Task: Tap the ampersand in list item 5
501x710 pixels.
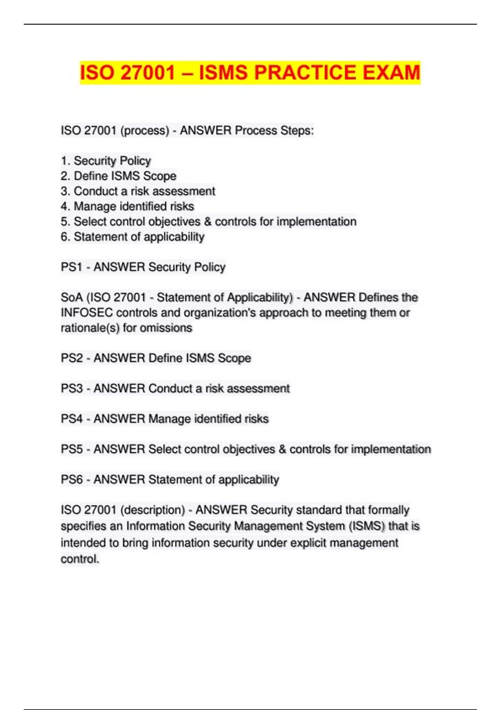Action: click(x=208, y=221)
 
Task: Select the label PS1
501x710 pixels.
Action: click(x=71, y=267)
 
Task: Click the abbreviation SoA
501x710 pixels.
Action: click(x=71, y=297)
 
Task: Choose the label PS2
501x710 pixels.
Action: click(x=71, y=358)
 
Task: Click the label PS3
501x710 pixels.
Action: click(x=71, y=388)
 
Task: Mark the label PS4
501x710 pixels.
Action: click(x=71, y=419)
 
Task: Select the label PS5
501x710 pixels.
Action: click(x=71, y=449)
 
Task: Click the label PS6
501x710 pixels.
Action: click(x=71, y=479)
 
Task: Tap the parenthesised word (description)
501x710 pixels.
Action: click(x=152, y=510)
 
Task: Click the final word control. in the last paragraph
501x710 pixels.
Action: click(x=80, y=559)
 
